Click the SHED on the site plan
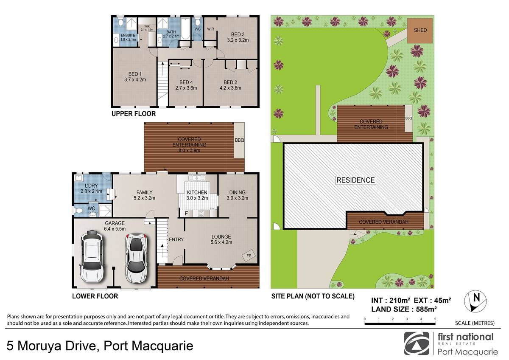click(x=420, y=31)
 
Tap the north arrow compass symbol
click(x=475, y=301)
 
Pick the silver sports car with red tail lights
click(x=136, y=257)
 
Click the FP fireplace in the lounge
click(x=249, y=256)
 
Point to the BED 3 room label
click(x=238, y=34)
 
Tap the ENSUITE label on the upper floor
click(x=128, y=35)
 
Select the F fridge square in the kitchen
click(x=186, y=213)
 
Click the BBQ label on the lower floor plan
click(x=239, y=140)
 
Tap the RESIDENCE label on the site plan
click(x=355, y=180)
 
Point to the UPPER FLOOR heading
click(x=134, y=114)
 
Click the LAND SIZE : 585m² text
click(x=404, y=309)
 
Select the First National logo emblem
click(x=417, y=343)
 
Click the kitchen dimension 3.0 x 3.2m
click(x=197, y=198)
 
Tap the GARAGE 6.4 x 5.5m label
click(x=115, y=226)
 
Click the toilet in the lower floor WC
click(x=78, y=211)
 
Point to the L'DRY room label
click(x=91, y=186)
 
